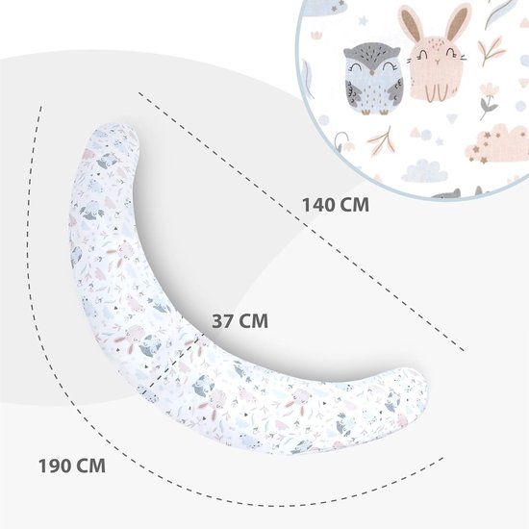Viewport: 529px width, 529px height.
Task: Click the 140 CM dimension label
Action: click(336, 205)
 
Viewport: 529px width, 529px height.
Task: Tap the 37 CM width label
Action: click(239, 321)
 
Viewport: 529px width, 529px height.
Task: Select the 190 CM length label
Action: click(72, 466)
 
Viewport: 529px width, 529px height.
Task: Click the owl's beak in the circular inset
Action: click(372, 72)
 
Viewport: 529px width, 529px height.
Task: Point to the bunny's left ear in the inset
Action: click(411, 23)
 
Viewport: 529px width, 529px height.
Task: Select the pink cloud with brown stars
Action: click(496, 143)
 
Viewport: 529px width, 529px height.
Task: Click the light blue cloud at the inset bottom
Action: click(424, 171)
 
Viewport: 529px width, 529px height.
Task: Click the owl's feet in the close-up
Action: click(374, 112)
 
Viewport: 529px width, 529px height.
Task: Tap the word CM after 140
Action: click(354, 205)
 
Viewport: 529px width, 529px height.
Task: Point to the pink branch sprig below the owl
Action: click(382, 141)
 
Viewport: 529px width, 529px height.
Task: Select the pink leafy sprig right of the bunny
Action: click(491, 51)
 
